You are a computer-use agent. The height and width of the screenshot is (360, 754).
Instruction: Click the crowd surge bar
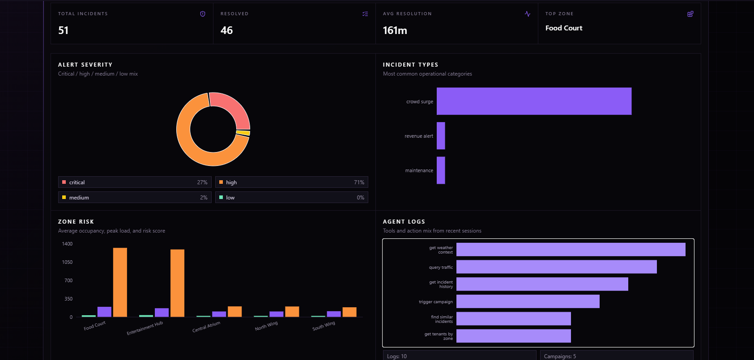point(534,101)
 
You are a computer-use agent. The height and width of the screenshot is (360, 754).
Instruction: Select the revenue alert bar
point(441,136)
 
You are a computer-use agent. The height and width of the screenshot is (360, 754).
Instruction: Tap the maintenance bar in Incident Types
point(441,170)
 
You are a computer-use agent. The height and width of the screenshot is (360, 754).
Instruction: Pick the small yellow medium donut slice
point(243,133)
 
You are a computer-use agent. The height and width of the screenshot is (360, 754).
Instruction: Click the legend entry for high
point(291,182)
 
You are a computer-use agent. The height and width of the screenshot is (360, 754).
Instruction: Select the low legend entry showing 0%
point(291,198)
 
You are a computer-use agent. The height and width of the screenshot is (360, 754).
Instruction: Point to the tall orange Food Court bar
point(120,282)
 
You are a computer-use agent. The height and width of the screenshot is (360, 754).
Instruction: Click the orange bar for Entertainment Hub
point(177,283)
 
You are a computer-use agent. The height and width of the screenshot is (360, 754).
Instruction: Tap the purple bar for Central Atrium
point(219,314)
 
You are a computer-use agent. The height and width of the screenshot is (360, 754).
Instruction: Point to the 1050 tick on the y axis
point(67,262)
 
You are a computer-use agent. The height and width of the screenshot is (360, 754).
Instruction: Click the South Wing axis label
point(324,326)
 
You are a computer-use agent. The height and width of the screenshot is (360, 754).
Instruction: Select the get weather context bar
point(571,250)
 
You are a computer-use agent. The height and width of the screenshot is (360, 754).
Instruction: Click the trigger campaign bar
point(528,301)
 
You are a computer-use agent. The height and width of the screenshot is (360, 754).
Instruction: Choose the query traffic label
point(441,267)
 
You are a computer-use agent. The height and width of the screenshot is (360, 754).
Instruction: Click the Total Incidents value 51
point(63,30)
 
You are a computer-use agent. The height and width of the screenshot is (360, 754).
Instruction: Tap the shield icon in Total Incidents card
point(203,14)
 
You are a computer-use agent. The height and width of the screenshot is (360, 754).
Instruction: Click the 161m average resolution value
point(395,30)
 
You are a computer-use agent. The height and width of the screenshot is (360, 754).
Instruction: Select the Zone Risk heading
point(76,221)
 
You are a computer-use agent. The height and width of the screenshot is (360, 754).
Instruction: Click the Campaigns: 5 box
point(616,355)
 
